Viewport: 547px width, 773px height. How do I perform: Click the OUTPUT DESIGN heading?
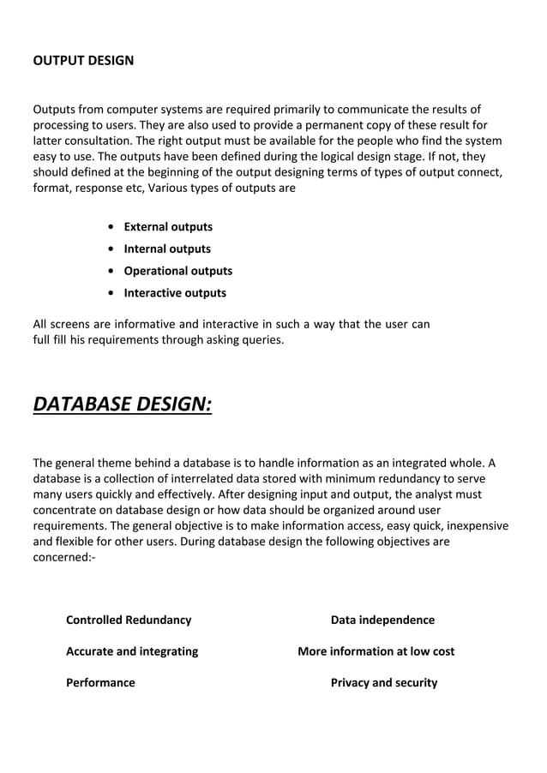[x=83, y=61]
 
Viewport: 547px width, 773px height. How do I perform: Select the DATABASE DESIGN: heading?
[x=122, y=402]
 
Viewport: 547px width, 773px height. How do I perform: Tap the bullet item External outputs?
[x=168, y=227]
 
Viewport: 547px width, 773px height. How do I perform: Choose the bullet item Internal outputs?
[x=167, y=249]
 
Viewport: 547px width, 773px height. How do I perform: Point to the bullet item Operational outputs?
[x=177, y=271]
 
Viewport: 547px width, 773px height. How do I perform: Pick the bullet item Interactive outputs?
[x=175, y=293]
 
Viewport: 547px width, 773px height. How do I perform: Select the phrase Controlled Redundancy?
[x=129, y=620]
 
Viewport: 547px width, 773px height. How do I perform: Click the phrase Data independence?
[x=382, y=620]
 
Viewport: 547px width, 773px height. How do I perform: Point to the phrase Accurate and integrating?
[x=132, y=651]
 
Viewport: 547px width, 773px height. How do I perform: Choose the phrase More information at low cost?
[x=376, y=651]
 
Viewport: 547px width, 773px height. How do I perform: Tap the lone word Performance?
[x=100, y=683]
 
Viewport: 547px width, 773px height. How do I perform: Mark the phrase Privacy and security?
[x=384, y=683]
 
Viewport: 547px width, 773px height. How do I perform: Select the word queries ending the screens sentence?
[x=262, y=341]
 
